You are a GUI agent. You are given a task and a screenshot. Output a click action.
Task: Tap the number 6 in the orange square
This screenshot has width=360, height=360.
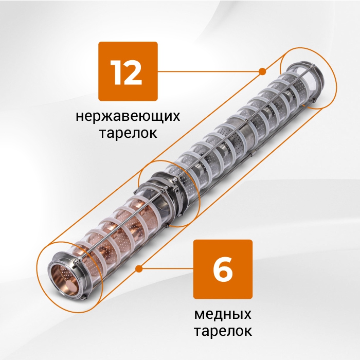coord(223,269)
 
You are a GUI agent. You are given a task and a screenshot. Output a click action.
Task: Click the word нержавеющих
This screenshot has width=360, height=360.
coord(128,116)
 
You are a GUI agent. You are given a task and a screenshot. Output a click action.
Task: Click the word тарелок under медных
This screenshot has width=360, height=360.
coord(223,331)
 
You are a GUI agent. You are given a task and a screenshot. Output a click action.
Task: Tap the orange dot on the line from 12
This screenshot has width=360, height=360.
coord(262,71)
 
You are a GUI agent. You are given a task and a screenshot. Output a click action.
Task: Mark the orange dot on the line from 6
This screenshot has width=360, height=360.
coord(139,268)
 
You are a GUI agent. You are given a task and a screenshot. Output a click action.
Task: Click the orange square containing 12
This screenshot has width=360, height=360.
coord(128,71)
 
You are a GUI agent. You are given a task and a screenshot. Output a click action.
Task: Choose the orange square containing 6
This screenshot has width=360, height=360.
coord(223,269)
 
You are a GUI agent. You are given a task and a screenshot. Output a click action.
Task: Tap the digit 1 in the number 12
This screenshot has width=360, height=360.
coord(116,73)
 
